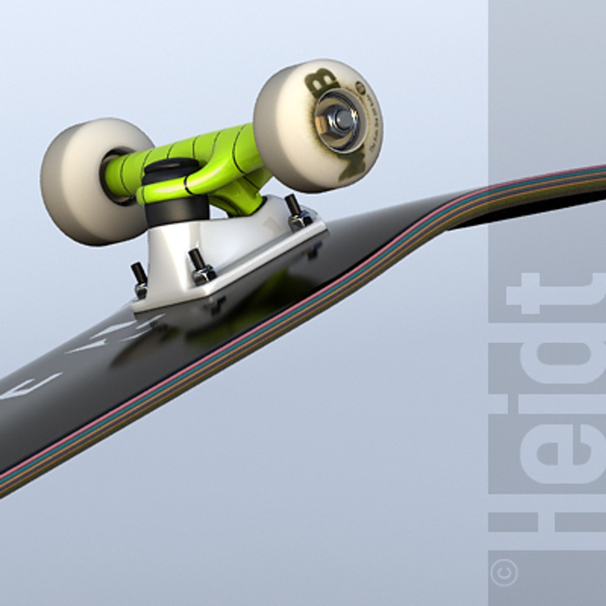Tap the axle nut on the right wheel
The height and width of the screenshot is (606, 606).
point(338,120)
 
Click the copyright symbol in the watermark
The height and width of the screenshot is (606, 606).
point(503,573)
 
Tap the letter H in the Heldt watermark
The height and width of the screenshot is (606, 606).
point(547,522)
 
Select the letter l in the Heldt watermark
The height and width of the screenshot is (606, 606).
point(547,404)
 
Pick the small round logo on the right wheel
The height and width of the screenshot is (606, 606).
point(360,88)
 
